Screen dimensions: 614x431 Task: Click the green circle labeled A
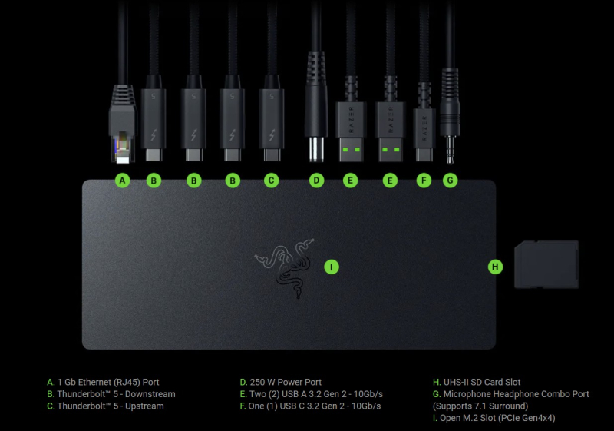(x=123, y=181)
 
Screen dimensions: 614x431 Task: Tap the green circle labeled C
(x=272, y=181)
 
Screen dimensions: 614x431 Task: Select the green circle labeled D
(x=316, y=181)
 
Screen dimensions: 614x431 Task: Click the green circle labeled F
(x=424, y=181)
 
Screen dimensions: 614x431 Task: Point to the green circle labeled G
(x=450, y=181)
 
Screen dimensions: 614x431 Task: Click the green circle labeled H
(x=495, y=267)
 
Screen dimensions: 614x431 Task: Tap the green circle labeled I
(x=332, y=267)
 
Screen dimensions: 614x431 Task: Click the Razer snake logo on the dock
(x=285, y=268)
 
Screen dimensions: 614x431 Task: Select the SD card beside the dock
(x=546, y=264)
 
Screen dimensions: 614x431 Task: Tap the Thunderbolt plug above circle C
(x=272, y=118)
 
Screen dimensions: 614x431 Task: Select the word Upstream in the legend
(x=144, y=406)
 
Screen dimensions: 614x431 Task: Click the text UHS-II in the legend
(x=456, y=382)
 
